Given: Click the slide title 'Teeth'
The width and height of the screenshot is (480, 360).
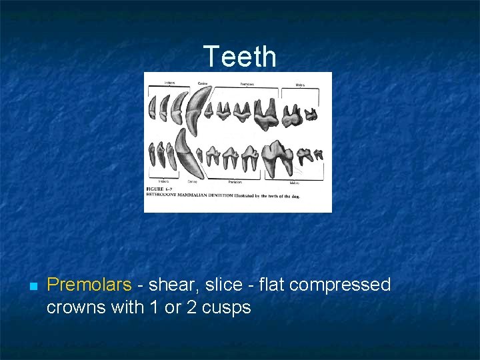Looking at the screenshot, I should pos(239,57).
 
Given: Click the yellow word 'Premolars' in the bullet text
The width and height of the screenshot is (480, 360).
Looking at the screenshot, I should pos(89,285).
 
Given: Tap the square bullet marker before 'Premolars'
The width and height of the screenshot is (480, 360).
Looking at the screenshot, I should pos(33,286).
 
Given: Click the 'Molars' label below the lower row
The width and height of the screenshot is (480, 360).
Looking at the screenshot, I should pos(294,182).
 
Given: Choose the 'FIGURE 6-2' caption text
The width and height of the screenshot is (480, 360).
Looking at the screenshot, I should pos(159,190).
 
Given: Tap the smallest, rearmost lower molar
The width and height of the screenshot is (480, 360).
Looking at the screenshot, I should pos(318,155).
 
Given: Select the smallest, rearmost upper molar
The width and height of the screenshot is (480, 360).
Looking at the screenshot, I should pos(311,115).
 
